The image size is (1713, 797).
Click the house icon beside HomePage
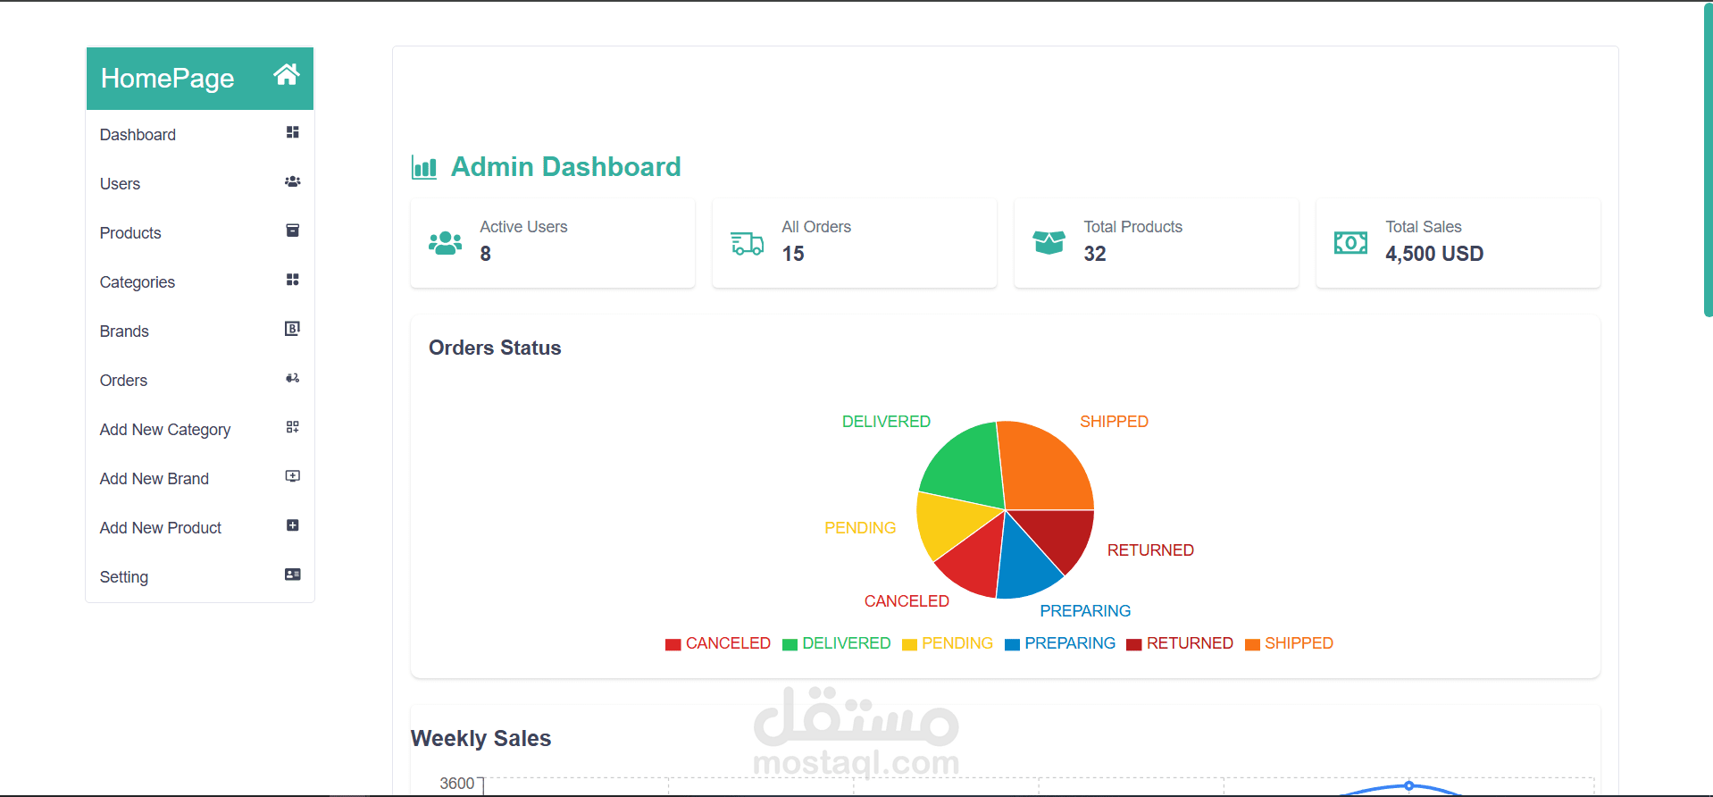pos(286,75)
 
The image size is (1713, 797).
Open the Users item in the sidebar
pos(121,184)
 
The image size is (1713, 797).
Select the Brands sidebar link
pos(124,331)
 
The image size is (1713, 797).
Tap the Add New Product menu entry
pos(161,528)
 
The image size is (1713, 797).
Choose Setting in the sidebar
pos(124,577)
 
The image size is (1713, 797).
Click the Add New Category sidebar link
pos(165,430)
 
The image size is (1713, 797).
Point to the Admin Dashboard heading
pos(565,167)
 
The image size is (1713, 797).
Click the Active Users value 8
pos(486,254)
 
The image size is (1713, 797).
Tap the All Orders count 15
pos(793,254)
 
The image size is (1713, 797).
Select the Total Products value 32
pos(1095,254)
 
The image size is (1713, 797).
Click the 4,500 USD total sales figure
pos(1434,254)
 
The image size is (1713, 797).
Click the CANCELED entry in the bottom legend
pos(718,643)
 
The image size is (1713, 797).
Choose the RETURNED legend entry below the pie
pos(1180,643)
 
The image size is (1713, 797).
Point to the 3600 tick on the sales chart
pos(457,784)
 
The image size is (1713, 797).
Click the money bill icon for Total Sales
pos(1350,243)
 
